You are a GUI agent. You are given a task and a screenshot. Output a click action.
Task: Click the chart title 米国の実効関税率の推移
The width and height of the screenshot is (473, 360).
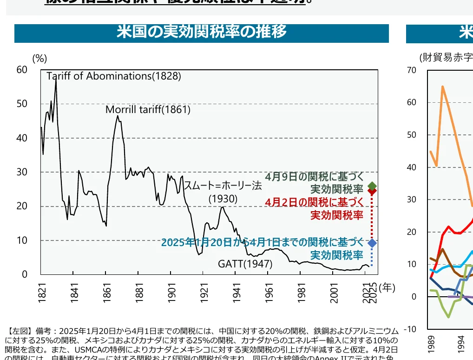coord(201,32)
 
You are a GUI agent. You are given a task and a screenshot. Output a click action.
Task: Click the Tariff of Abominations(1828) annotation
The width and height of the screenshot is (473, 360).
coord(114,76)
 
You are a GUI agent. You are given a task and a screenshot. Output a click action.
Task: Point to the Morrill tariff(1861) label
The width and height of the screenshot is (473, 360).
coord(148,110)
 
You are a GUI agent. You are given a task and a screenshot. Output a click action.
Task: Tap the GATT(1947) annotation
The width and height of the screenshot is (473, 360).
coord(245,264)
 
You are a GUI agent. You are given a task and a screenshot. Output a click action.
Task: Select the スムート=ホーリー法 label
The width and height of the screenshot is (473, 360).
coord(223,186)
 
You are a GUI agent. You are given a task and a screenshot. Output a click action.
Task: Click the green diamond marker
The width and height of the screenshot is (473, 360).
coord(372,186)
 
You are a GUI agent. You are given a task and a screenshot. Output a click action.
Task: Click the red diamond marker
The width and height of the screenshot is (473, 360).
coord(372,191)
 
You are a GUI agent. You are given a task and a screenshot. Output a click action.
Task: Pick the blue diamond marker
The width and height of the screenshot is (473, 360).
coord(372,243)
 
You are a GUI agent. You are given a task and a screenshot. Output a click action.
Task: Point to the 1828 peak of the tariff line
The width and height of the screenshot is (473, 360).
coord(56,77)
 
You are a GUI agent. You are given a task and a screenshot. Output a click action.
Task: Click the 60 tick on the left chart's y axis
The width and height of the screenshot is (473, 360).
coord(22,70)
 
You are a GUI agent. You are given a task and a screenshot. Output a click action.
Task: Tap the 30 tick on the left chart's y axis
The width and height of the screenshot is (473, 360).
coord(22,172)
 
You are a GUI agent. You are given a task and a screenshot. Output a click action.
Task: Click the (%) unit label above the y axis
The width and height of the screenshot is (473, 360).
coord(39,59)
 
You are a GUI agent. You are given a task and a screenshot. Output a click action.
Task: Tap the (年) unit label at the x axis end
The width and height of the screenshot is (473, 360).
coord(387,288)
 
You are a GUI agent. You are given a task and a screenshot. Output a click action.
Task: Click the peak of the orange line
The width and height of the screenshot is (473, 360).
coord(442,87)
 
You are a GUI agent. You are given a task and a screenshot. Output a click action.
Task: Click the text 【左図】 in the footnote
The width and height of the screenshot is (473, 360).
coord(18,331)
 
